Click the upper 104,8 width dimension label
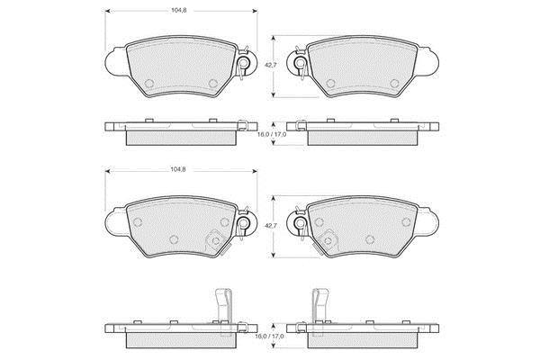(179, 10)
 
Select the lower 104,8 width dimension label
(178, 169)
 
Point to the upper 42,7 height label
(270, 65)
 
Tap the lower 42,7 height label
(270, 226)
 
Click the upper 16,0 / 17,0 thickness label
(272, 134)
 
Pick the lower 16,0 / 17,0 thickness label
(270, 336)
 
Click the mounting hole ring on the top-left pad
(244, 63)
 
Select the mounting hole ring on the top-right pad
(300, 63)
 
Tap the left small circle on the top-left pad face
(149, 84)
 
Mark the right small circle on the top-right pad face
(394, 84)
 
